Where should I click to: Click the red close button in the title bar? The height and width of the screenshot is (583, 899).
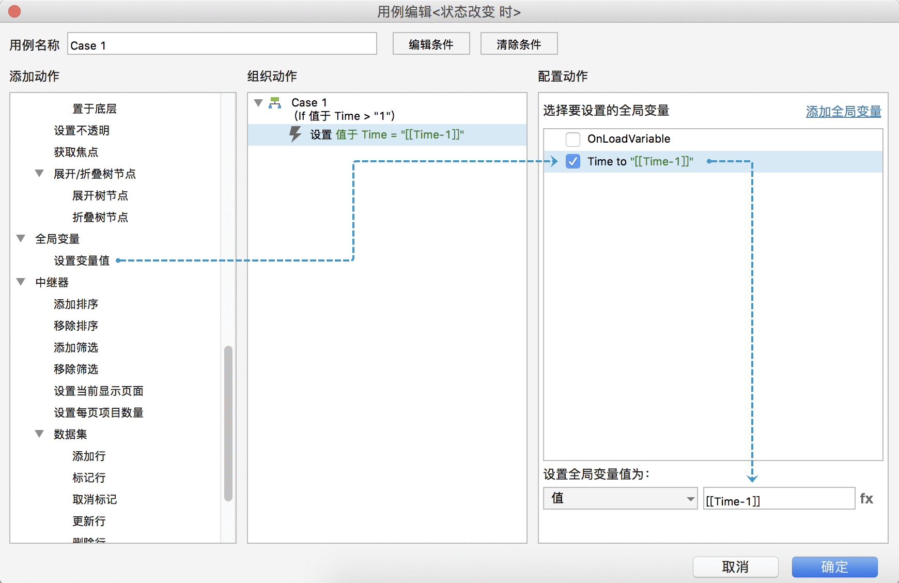point(14,11)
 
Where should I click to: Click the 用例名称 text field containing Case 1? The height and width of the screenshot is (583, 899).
point(222,44)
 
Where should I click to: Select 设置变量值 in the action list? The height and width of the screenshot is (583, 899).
point(82,260)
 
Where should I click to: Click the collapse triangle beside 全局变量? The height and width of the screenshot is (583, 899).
point(21,238)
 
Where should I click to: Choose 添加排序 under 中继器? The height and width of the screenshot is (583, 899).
point(76,304)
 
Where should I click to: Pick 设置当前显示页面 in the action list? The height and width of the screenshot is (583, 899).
point(99,391)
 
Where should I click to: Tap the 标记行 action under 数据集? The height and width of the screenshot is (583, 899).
point(89,478)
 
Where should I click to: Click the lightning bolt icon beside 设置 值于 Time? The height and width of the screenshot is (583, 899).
point(295,134)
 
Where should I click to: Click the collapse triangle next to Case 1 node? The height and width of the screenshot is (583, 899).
point(259,102)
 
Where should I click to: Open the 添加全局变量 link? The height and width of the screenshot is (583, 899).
point(843,111)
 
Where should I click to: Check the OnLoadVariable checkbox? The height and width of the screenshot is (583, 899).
point(573,139)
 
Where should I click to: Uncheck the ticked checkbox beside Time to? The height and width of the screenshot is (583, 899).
point(573,161)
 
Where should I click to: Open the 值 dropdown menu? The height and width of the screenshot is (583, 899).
point(620,498)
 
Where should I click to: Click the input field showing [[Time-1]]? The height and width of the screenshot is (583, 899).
point(779,499)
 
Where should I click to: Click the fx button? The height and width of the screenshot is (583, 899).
point(866,499)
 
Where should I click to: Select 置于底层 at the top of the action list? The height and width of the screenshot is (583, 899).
point(95,109)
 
